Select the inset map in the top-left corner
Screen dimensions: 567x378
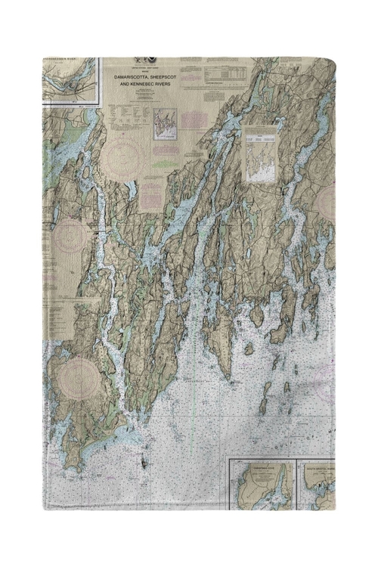coord(70,80)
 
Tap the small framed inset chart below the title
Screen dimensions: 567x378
coord(164,125)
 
